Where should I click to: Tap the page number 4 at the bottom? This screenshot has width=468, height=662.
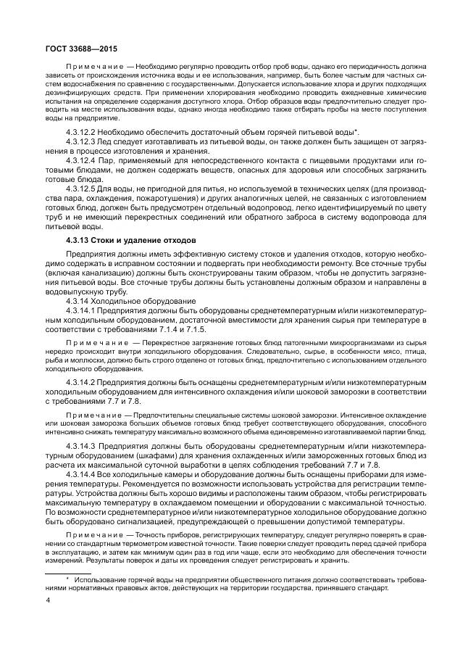pyautogui.click(x=48, y=601)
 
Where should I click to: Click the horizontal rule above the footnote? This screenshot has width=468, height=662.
pyautogui.click(x=70, y=573)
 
